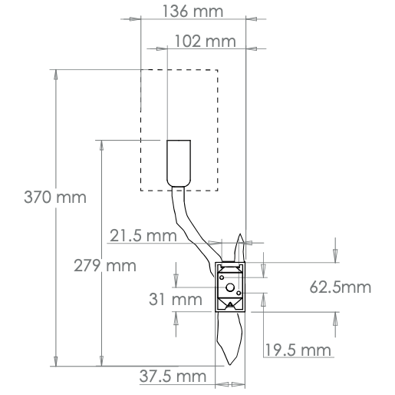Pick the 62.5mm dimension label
[340, 288]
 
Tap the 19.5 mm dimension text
[298, 350]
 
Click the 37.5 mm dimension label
[174, 376]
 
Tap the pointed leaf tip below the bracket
[232, 361]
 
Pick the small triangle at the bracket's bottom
[229, 305]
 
